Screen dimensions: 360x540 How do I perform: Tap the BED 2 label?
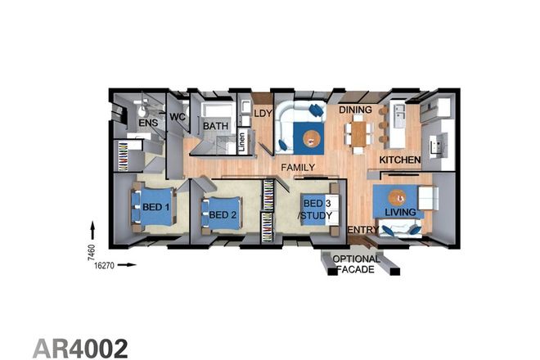click(x=222, y=214)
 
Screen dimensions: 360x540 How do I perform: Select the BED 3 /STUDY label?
click(x=317, y=209)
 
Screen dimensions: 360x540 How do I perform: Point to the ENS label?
click(x=147, y=124)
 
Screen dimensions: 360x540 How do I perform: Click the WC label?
click(x=178, y=118)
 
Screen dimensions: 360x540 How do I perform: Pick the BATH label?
click(x=215, y=126)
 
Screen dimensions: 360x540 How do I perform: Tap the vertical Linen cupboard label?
click(x=242, y=141)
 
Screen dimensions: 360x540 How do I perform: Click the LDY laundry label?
click(x=263, y=114)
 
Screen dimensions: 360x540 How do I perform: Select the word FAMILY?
click(x=299, y=167)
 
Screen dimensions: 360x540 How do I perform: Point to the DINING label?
click(x=356, y=110)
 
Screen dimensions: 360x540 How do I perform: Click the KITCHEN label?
click(x=400, y=160)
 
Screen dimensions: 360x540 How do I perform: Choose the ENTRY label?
click(x=363, y=232)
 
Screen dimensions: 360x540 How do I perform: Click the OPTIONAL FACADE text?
click(x=357, y=264)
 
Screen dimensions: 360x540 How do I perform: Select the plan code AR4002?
click(x=81, y=347)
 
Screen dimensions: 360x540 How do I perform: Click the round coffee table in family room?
click(x=310, y=139)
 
